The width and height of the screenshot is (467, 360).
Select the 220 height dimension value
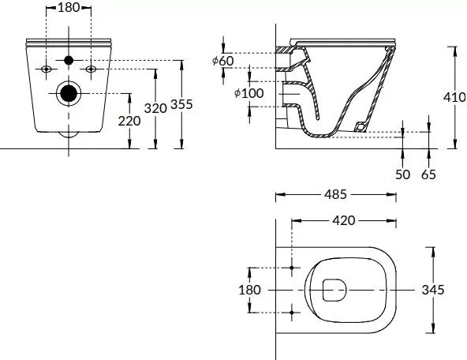pos(129,121)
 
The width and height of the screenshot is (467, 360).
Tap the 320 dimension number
pos(156,107)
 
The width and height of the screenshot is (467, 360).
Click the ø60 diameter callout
pos(222,61)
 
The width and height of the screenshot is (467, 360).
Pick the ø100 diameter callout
pos(248,93)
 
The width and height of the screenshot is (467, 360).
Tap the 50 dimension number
pos(403,174)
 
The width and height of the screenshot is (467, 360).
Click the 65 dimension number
pos(428,174)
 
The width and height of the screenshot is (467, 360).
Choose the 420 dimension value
pos(343,220)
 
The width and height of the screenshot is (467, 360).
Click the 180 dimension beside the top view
pos(249,290)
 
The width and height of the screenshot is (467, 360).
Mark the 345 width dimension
pos(453,290)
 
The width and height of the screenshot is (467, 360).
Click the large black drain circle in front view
pos(69,93)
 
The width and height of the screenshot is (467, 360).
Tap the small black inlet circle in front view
pos(69,61)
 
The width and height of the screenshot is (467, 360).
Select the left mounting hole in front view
pos(47,69)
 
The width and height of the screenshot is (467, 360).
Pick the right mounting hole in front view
pos(92,69)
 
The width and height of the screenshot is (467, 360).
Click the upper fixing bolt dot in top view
pos(292,268)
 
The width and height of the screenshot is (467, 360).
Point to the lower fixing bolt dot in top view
pos(292,313)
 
